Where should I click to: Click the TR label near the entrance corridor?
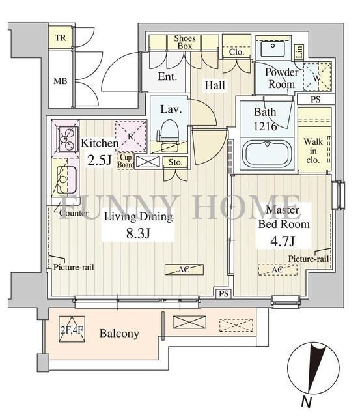pyautogui.click(x=61, y=38)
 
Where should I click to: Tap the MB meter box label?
pyautogui.click(x=61, y=81)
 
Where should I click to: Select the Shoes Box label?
pyautogui.click(x=185, y=42)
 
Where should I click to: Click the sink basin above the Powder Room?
pyautogui.click(x=273, y=48)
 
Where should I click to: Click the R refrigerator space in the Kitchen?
pyautogui.click(x=131, y=136)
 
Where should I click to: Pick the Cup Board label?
pyautogui.click(x=126, y=161)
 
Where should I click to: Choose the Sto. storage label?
pyautogui.click(x=176, y=162)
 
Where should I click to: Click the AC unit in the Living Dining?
pyautogui.click(x=184, y=269)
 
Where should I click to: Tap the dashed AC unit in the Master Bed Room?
pyautogui.click(x=277, y=270)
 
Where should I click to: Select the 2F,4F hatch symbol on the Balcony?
pyautogui.click(x=72, y=329)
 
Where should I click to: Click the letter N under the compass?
pyautogui.click(x=307, y=401)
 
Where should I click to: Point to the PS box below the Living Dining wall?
pyautogui.click(x=224, y=294)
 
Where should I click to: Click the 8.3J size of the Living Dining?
pyautogui.click(x=138, y=233)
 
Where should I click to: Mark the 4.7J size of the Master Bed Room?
pyautogui.click(x=283, y=241)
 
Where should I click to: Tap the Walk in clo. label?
pyautogui.click(x=313, y=151)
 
